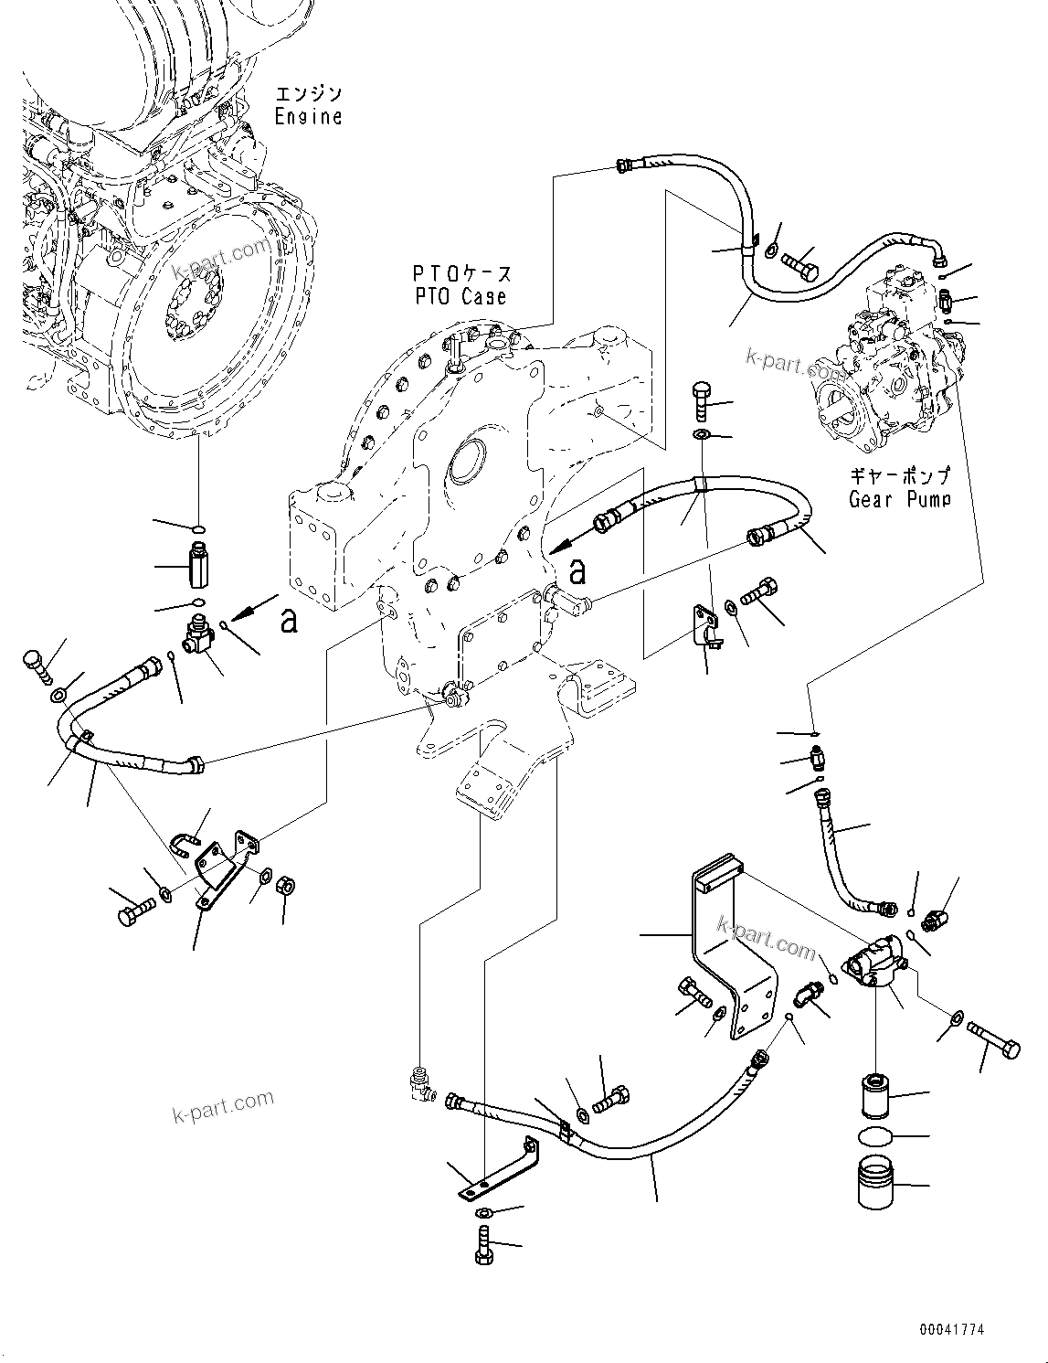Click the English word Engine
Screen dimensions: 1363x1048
pyautogui.click(x=308, y=117)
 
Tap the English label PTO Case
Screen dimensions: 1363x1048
pyautogui.click(x=458, y=297)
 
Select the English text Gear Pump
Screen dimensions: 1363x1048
pyautogui.click(x=899, y=499)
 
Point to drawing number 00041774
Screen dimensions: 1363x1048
pyautogui.click(x=952, y=1330)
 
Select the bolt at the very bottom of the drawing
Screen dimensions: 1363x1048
pyautogui.click(x=484, y=1247)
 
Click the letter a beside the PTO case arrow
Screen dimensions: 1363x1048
pyautogui.click(x=577, y=572)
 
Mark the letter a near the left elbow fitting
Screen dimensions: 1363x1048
pyautogui.click(x=289, y=622)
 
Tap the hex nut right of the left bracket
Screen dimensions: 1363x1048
pyautogui.click(x=283, y=885)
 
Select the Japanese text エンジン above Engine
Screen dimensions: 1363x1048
pyautogui.click(x=308, y=93)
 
